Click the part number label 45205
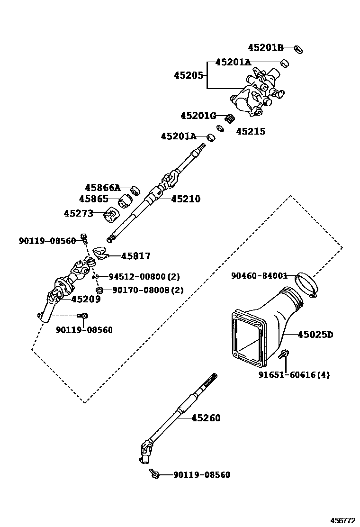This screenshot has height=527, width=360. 189,75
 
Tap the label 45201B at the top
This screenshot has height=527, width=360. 265,47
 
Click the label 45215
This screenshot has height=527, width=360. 251,131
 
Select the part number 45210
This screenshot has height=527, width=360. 185,199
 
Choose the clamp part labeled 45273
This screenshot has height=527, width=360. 112,215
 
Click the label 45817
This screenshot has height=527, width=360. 135,256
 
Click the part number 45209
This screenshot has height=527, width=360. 86,299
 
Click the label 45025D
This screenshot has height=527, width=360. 315,335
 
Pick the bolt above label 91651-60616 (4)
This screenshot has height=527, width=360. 286,354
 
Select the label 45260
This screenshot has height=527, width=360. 206,418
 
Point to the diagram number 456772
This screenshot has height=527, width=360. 342,520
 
